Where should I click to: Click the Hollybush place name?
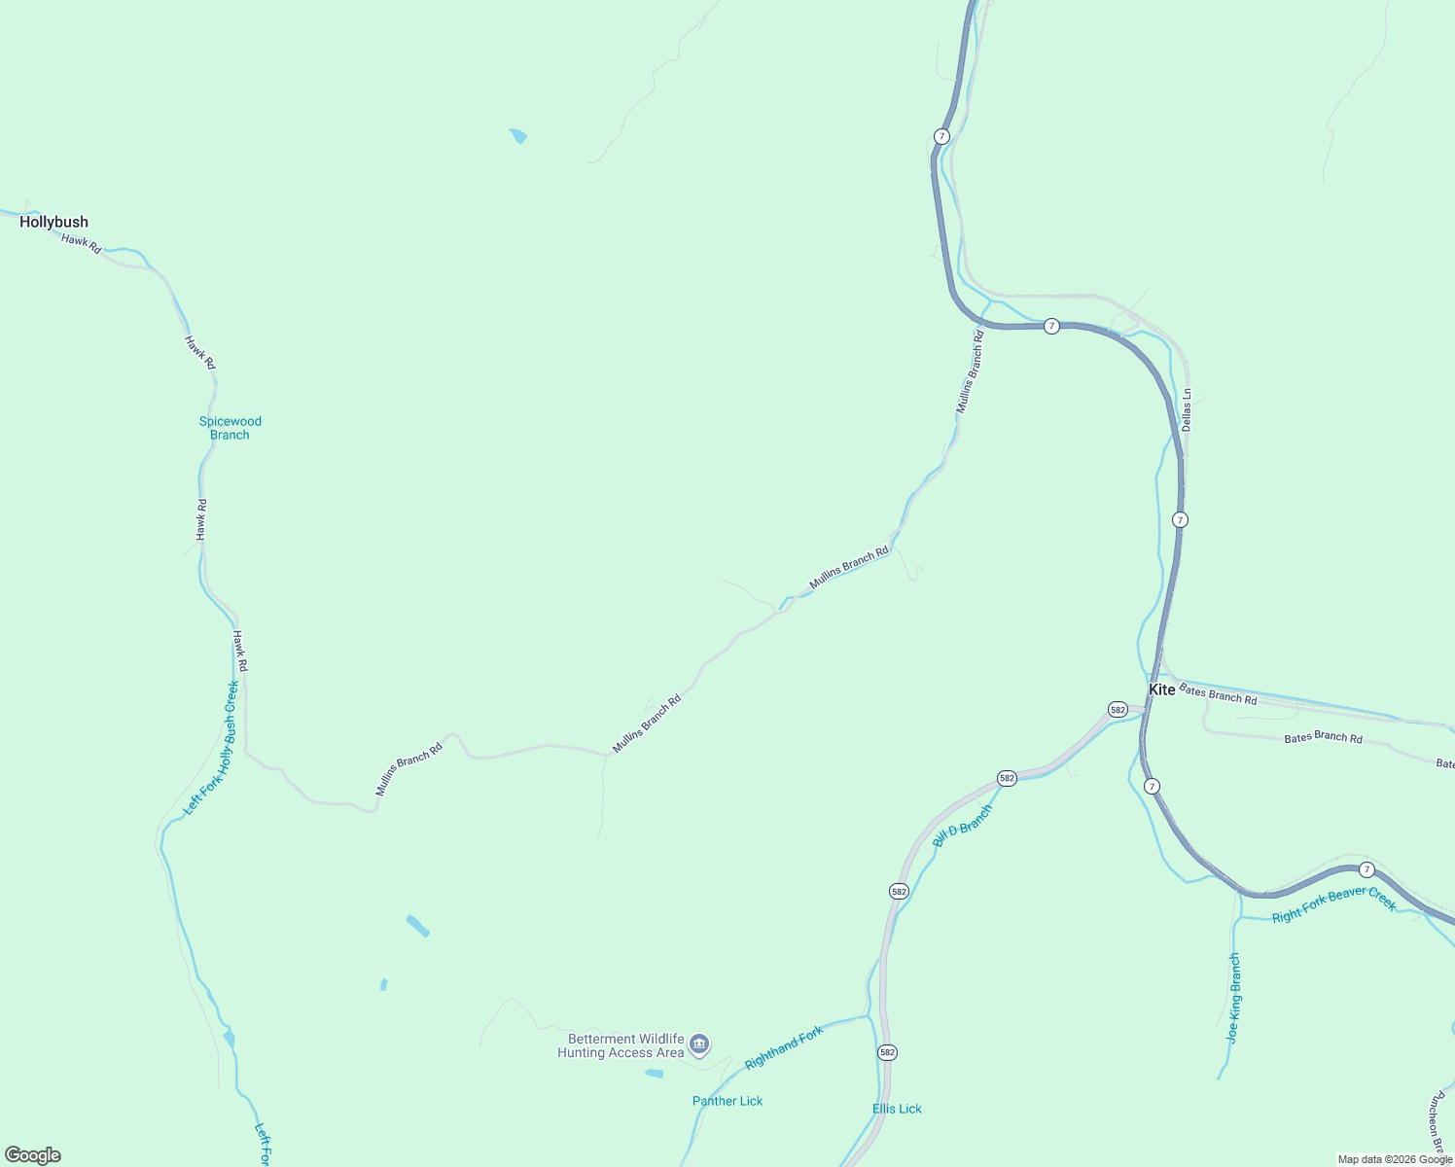53,222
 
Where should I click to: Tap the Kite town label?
1162,690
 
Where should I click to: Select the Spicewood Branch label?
231,428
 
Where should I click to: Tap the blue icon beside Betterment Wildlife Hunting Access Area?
699,1045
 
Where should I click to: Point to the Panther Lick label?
727,1101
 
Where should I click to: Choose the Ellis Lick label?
897,1109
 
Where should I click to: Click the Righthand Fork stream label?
784,1048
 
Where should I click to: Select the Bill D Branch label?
963,826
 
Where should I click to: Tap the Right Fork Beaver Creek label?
1333,904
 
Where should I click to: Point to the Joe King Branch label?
1233,999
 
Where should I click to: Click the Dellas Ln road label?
1186,410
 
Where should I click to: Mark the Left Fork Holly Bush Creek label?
212,748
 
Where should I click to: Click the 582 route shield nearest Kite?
1118,710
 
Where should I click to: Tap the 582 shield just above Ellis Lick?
887,1052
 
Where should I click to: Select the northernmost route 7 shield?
941,136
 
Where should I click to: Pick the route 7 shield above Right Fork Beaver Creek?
1367,869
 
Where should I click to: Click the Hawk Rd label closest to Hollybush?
82,244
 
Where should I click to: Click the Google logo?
33,1155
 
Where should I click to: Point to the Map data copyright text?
1395,1159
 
